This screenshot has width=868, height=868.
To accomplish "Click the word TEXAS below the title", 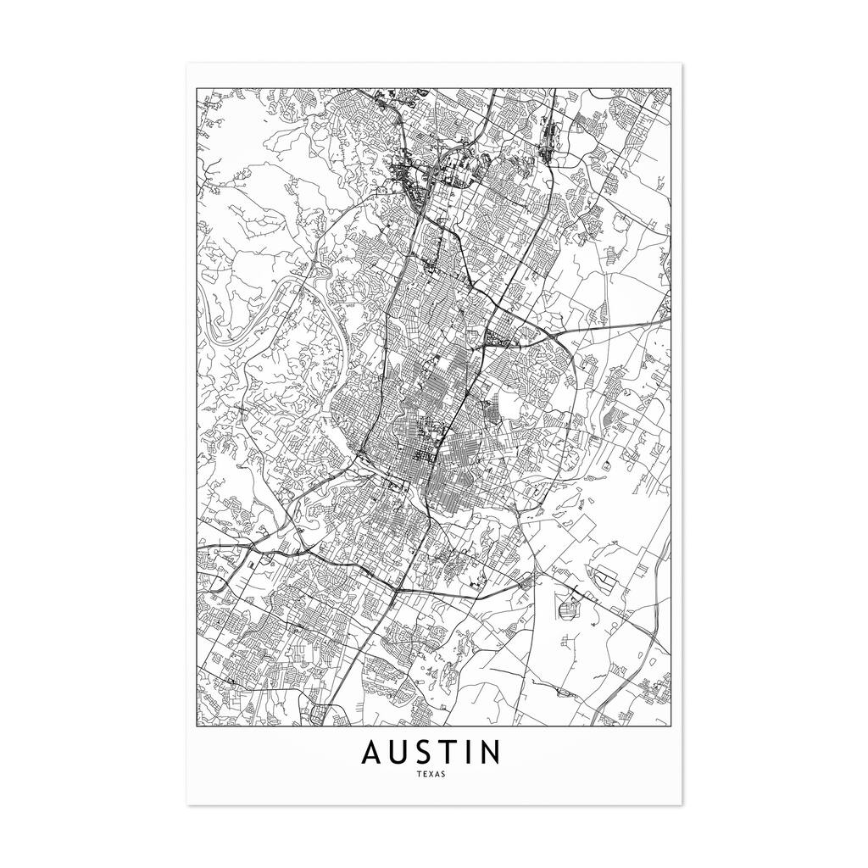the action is point(433,773).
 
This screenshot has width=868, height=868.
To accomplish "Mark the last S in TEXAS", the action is point(445,773).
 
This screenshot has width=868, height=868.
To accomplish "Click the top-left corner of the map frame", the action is point(197,86).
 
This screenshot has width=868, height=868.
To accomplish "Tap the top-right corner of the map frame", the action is point(670,86).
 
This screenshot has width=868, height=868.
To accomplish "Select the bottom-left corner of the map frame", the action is point(197,727).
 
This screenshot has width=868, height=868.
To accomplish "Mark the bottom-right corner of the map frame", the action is point(670,727).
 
